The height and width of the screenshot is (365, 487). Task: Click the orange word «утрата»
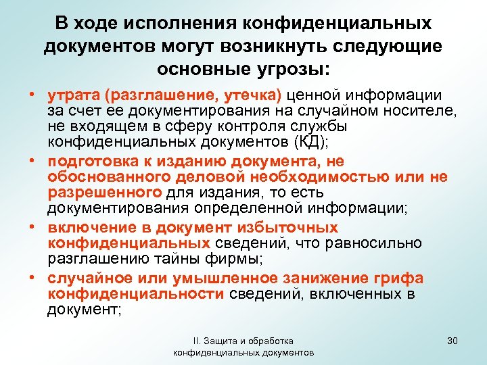[70, 97]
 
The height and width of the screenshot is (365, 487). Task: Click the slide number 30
[453, 341]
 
